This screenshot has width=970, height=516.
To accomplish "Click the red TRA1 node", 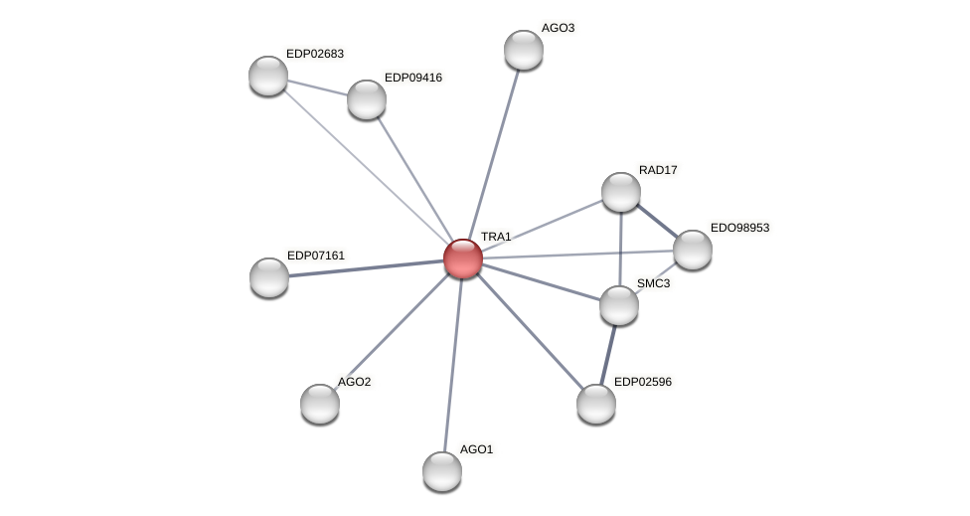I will pyautogui.click(x=463, y=258).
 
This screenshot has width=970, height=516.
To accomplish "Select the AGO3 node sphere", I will pyautogui.click(x=524, y=50).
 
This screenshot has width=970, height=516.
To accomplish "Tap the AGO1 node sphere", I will pyautogui.click(x=442, y=471).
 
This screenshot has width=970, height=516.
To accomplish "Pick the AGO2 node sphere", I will pyautogui.click(x=320, y=404).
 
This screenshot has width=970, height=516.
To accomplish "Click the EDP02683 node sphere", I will pyautogui.click(x=268, y=76).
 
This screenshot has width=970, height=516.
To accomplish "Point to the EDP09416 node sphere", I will pyautogui.click(x=367, y=99).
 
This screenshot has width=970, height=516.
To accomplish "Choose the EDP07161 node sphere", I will pyautogui.click(x=269, y=277).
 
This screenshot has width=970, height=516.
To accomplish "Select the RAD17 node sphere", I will pyautogui.click(x=621, y=192).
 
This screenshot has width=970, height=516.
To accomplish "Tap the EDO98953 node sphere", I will pyautogui.click(x=693, y=250).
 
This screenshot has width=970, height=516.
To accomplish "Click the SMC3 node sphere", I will pyautogui.click(x=619, y=305).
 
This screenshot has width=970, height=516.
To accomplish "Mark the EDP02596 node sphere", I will pyautogui.click(x=596, y=404).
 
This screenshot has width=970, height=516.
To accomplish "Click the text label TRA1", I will pyautogui.click(x=496, y=237).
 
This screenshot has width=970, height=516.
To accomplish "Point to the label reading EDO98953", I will pyautogui.click(x=739, y=228).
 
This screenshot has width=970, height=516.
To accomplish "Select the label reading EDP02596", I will pyautogui.click(x=643, y=382).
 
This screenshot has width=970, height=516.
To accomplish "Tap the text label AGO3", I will pyautogui.click(x=558, y=28).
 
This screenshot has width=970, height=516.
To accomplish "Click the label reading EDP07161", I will pyautogui.click(x=316, y=256).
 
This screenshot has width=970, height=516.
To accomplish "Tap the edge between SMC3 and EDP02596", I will pyautogui.click(x=608, y=353).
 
